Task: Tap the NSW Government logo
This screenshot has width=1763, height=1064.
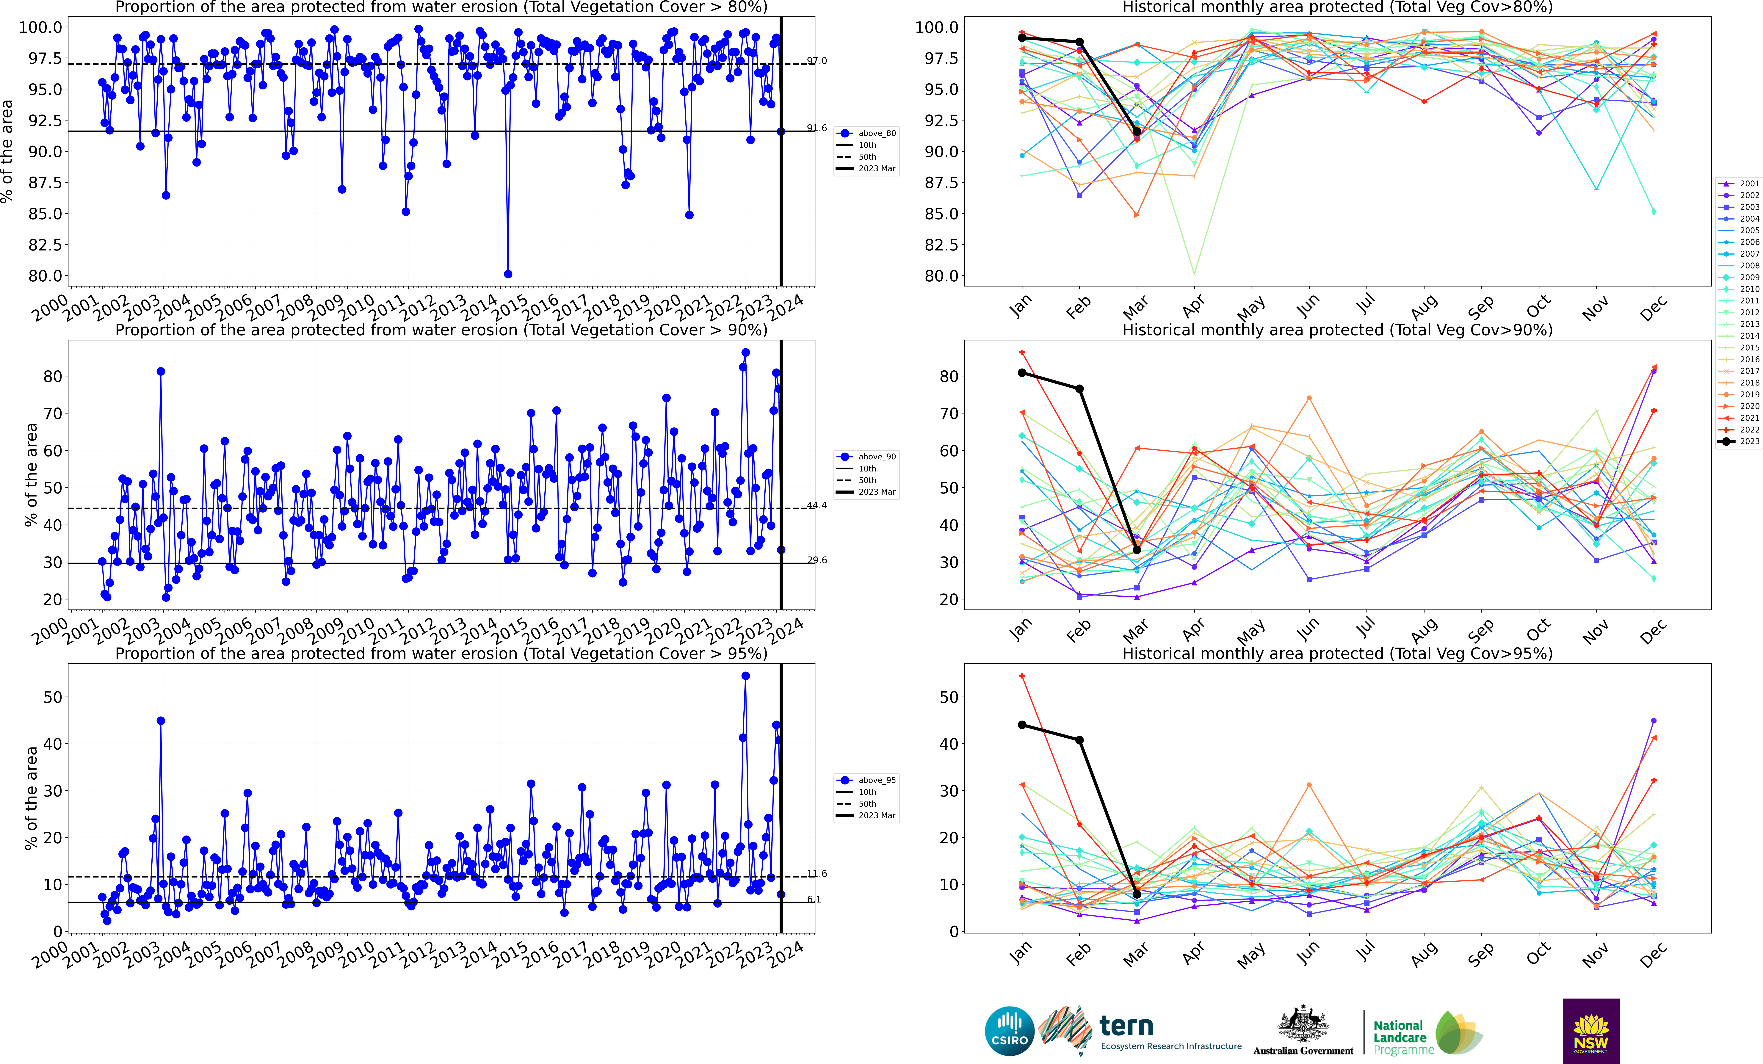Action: click(x=1590, y=1031)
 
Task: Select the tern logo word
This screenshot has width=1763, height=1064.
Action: click(x=1126, y=1025)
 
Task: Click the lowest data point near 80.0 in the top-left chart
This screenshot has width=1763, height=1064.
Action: click(x=508, y=274)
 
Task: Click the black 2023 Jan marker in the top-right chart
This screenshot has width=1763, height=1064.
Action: click(x=1022, y=38)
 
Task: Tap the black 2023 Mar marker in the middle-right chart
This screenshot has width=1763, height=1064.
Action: click(x=1137, y=549)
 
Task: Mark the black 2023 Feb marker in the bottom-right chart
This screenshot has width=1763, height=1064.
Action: click(x=1080, y=740)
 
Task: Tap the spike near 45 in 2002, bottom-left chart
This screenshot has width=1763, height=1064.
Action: click(x=161, y=720)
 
